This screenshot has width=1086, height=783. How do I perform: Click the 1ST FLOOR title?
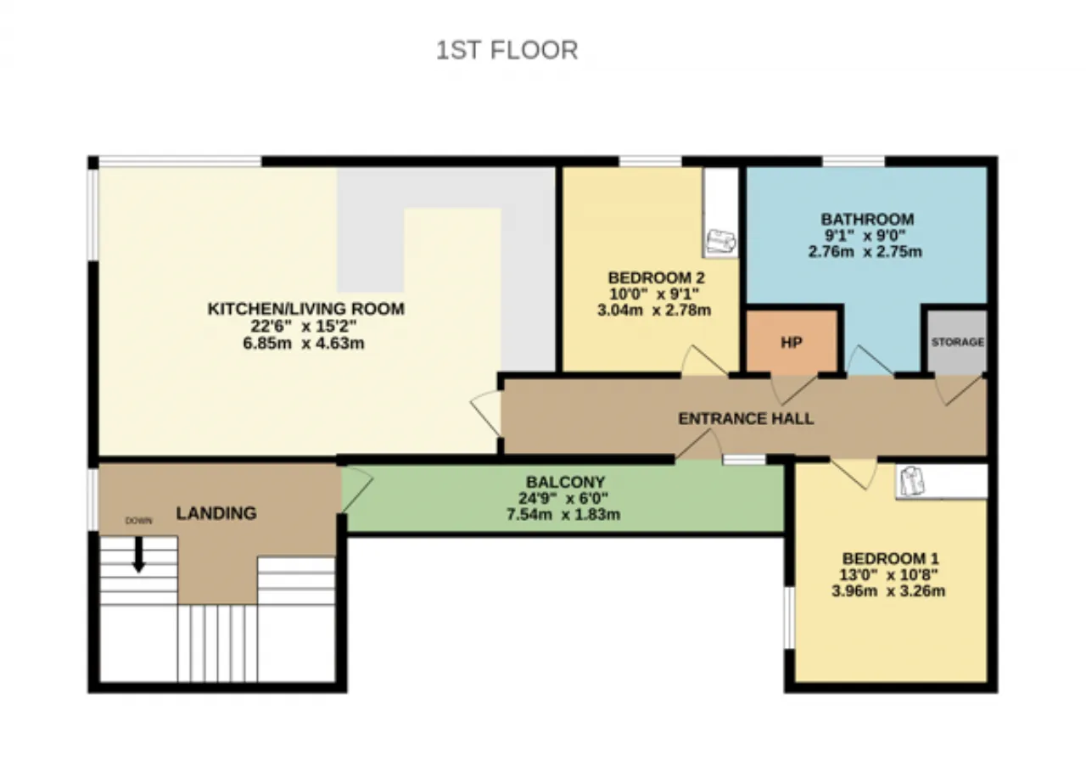(x=507, y=50)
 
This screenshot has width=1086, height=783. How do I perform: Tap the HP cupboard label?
(x=792, y=343)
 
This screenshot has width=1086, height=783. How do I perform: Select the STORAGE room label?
(x=958, y=342)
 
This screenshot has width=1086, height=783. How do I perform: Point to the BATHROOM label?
(x=867, y=219)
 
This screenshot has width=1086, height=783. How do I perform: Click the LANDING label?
(x=216, y=513)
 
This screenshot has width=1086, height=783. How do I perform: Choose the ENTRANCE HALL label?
(x=746, y=418)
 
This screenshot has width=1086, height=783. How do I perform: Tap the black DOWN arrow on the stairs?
(x=139, y=554)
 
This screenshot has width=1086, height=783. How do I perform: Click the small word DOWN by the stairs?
(x=138, y=521)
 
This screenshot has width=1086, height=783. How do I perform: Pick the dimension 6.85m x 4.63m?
(x=304, y=344)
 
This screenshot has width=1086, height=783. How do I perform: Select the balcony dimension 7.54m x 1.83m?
(x=563, y=514)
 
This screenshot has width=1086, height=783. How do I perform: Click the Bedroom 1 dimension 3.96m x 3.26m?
(x=888, y=591)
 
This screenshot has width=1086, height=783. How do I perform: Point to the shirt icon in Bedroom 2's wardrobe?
(x=721, y=242)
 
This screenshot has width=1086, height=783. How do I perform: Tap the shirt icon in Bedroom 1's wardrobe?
(x=912, y=482)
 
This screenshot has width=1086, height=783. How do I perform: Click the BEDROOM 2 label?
(x=657, y=277)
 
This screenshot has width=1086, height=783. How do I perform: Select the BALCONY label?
(x=566, y=482)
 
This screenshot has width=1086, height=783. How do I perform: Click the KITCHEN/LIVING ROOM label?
(x=306, y=309)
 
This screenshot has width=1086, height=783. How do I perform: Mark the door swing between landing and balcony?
(x=357, y=489)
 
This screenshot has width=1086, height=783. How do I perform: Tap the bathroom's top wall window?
(x=854, y=161)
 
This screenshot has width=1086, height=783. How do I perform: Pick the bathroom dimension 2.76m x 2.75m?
(x=865, y=252)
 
